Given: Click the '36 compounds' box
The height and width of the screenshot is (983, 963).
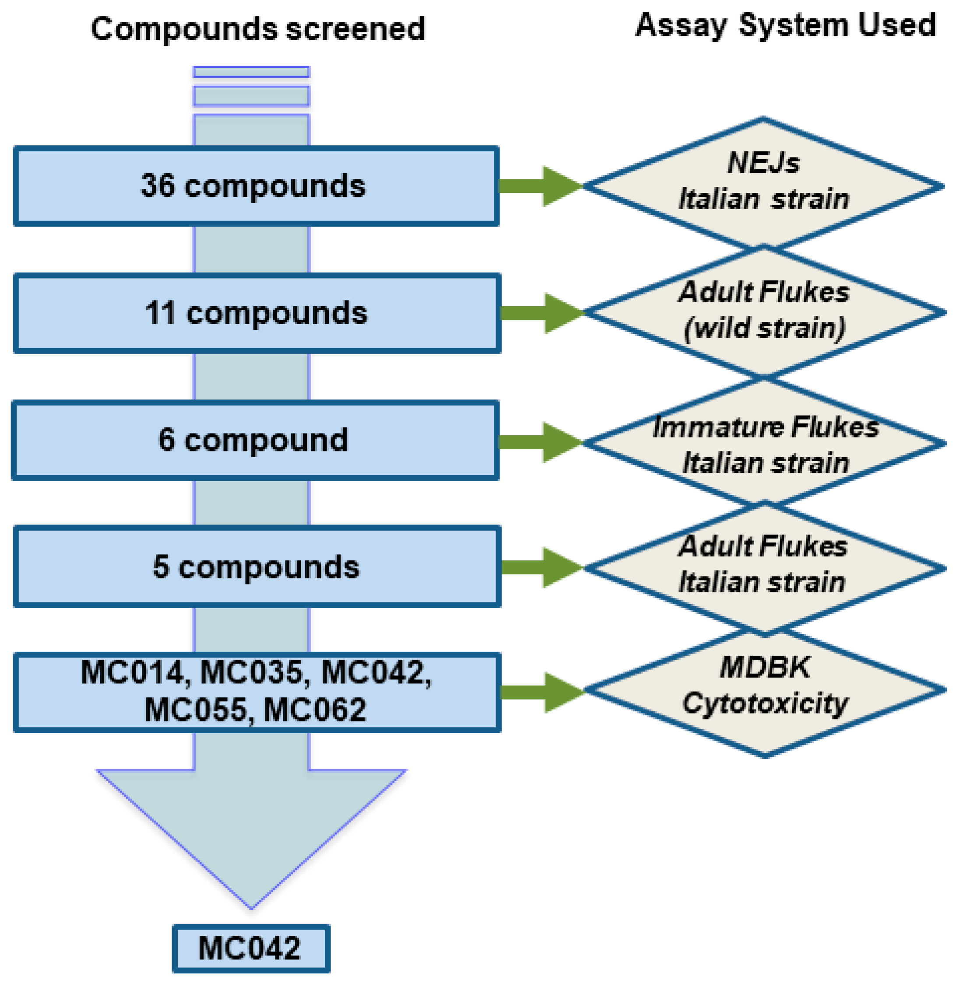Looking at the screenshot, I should (256, 186).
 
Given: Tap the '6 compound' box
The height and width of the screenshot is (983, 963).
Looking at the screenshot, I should (256, 440).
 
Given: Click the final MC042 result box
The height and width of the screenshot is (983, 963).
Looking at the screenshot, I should (251, 948).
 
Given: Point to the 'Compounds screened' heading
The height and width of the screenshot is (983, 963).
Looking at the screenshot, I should (258, 29).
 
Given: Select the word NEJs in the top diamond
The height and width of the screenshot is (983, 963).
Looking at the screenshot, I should (763, 163).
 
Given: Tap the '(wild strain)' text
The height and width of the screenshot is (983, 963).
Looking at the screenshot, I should (764, 328).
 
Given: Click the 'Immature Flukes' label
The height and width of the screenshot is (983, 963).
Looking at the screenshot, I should (765, 427).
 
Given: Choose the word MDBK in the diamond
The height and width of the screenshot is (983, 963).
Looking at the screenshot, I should (765, 667).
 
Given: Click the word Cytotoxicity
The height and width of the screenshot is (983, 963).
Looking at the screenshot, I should (765, 703).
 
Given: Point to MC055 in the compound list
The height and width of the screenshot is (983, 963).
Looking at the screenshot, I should (195, 709).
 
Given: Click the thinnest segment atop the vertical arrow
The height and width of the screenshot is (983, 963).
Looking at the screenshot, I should (251, 72).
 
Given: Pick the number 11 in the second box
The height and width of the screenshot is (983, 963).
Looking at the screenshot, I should (160, 313).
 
